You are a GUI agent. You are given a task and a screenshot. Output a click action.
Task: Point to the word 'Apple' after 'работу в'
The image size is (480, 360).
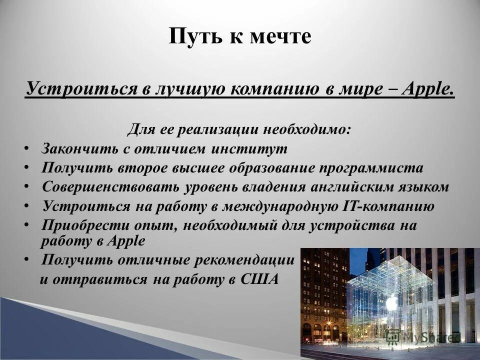pyautogui.click(x=128, y=240)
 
